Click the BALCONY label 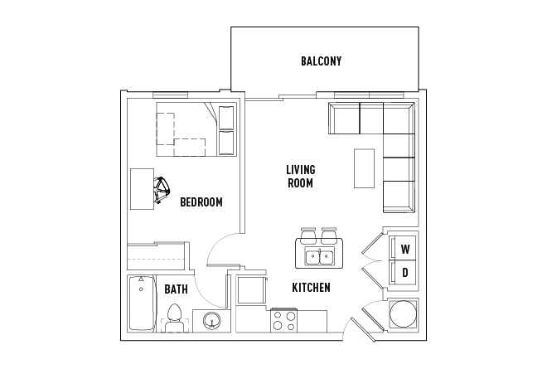click(x=322, y=61)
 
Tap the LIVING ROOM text click(x=301, y=176)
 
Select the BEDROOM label click(x=201, y=201)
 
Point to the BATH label click(x=176, y=289)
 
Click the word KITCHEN click(x=311, y=288)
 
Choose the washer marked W click(x=404, y=249)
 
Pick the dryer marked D click(x=404, y=272)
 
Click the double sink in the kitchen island click(x=318, y=255)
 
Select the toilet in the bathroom click(x=174, y=318)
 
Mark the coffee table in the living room click(x=364, y=168)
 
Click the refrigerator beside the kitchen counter click(x=250, y=291)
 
